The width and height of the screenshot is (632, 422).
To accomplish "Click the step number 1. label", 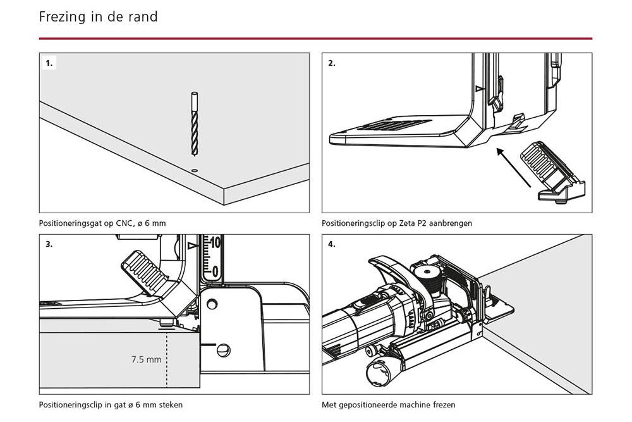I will click(x=49, y=63).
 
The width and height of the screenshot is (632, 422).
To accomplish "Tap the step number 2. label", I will click(x=332, y=63).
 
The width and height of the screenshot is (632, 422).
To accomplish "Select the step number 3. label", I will click(x=49, y=244).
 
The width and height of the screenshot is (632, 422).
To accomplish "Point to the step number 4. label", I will click(x=332, y=244).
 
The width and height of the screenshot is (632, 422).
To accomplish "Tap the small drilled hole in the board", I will click(x=195, y=170).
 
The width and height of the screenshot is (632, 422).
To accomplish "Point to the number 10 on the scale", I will click(x=215, y=242).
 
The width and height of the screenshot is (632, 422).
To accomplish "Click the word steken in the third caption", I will click(x=170, y=405).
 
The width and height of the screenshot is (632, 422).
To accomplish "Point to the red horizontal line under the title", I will click(x=315, y=39).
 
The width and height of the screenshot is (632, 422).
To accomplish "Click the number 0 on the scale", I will click(x=215, y=271).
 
